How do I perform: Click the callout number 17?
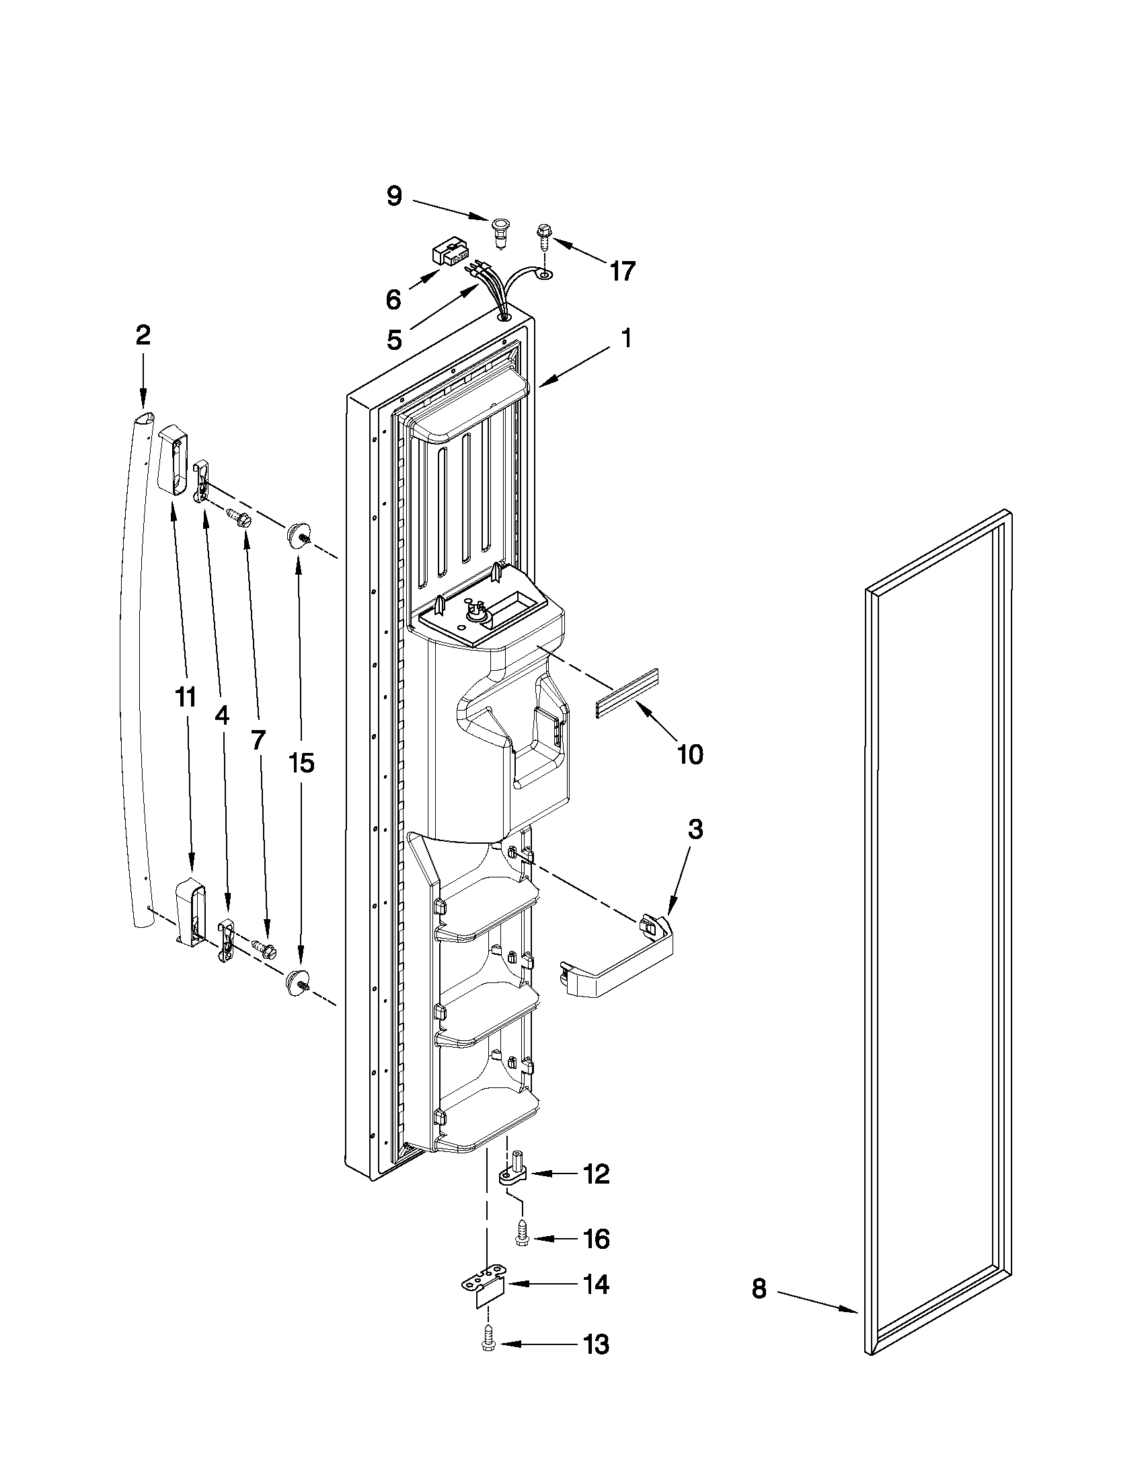622,271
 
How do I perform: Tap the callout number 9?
393,196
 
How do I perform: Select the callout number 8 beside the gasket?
759,1289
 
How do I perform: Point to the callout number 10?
690,754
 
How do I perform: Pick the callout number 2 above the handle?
143,335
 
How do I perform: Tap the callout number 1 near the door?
626,338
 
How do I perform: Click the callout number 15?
301,763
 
